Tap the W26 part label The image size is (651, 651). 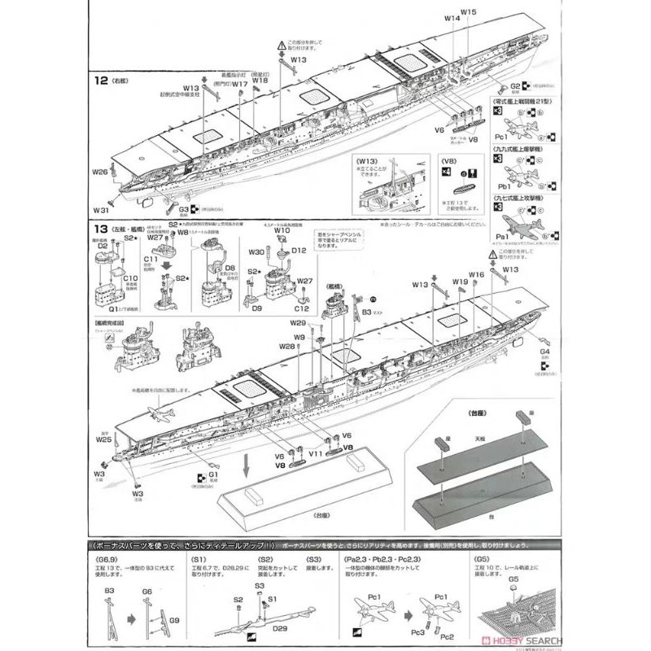point(98,173)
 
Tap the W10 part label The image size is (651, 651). point(282,231)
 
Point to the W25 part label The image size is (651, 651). point(103,439)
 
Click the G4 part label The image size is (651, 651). point(544,352)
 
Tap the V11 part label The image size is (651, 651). point(316,452)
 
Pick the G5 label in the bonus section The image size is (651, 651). point(513,580)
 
